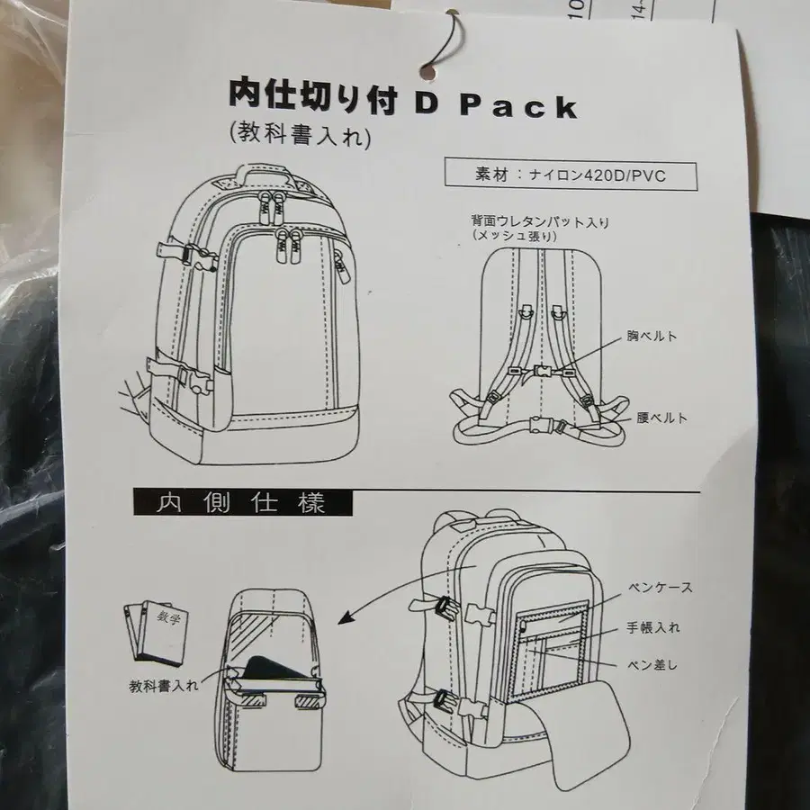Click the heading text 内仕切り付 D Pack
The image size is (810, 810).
(x=403, y=100)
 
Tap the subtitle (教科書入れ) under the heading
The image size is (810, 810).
(x=300, y=136)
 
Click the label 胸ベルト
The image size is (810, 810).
(x=652, y=337)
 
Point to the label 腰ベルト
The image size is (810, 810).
(x=661, y=418)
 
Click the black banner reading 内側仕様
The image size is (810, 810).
(x=243, y=502)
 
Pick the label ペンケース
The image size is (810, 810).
(x=660, y=588)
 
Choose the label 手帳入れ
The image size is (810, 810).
(x=653, y=627)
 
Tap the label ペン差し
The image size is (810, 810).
(x=652, y=665)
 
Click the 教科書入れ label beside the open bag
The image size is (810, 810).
(x=163, y=686)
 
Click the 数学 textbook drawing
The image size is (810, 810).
(x=157, y=630)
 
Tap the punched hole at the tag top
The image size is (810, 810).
(x=427, y=73)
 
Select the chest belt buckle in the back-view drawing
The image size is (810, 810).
(x=541, y=371)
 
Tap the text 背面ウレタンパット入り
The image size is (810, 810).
(x=540, y=222)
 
